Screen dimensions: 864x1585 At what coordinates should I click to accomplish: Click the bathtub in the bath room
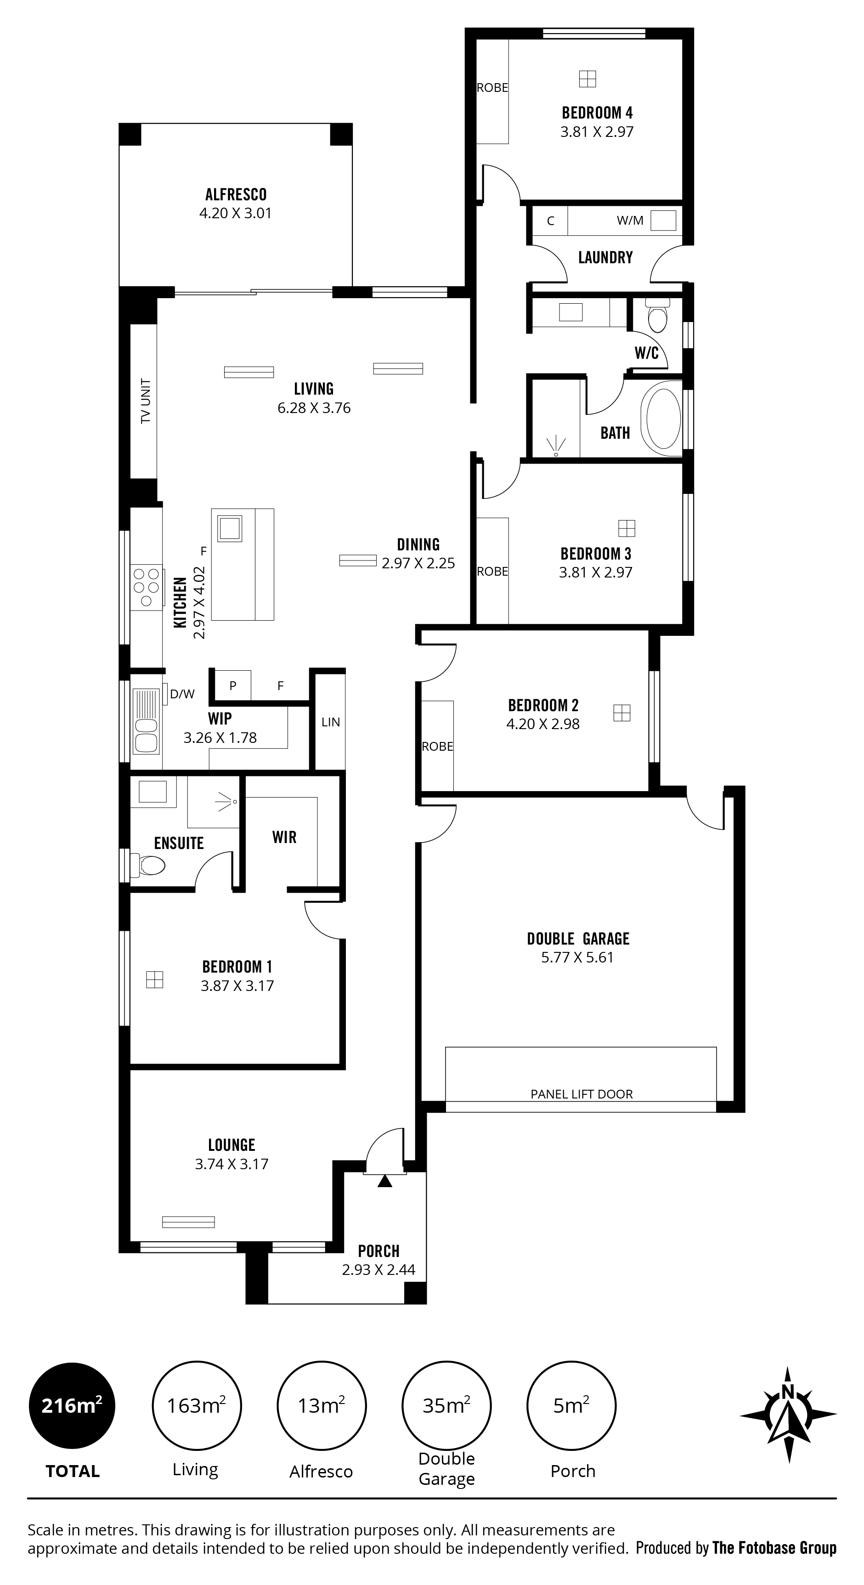click(x=661, y=418)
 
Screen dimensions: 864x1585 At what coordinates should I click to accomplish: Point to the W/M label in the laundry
click(x=630, y=220)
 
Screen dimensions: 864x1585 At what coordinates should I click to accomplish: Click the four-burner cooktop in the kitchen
click(x=147, y=587)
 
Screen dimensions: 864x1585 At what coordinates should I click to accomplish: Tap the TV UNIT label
click(x=146, y=401)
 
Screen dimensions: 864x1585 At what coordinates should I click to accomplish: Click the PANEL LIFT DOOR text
click(x=582, y=1094)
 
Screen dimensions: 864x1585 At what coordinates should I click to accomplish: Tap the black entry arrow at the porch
click(x=384, y=1181)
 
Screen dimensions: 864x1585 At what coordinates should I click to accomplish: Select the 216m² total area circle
click(x=72, y=1406)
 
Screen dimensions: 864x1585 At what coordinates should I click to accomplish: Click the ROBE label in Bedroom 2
click(x=438, y=747)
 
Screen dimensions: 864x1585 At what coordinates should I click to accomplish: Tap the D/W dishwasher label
click(x=182, y=694)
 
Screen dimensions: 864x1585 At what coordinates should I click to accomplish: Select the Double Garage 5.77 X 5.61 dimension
click(x=577, y=957)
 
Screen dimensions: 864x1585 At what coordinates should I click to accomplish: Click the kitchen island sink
click(x=230, y=528)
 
